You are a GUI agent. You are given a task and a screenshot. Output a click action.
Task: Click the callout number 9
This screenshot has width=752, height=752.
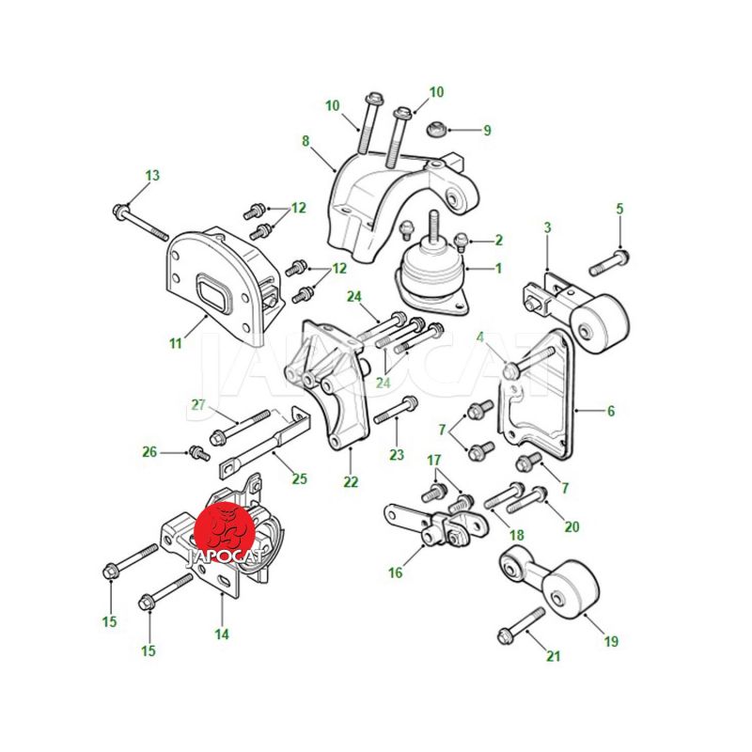tap(487, 130)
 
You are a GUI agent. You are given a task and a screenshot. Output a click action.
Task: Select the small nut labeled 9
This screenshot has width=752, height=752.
tap(437, 130)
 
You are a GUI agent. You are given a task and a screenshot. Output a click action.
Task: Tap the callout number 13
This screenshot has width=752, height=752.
tap(152, 176)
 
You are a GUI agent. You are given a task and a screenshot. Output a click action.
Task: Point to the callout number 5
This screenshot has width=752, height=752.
tap(620, 209)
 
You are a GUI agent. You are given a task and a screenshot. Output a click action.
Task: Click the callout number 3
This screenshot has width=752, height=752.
tap(548, 227)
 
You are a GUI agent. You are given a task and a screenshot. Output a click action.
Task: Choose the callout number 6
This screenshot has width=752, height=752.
tap(610, 411)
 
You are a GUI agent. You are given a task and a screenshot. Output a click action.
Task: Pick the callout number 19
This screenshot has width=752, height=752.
tap(611, 641)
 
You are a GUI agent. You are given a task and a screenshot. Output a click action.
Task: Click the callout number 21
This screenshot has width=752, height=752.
tap(554, 655)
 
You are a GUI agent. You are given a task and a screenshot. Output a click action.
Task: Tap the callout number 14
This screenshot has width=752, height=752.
tap(222, 634)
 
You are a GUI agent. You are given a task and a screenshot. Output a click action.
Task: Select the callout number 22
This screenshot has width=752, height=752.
tap(351, 481)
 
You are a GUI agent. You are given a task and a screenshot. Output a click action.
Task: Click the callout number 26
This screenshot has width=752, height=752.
tap(149, 452)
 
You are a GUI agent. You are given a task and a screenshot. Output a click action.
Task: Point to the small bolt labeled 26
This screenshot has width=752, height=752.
tap(198, 453)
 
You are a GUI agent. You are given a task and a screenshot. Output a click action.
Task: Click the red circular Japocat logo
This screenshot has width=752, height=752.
tap(224, 532)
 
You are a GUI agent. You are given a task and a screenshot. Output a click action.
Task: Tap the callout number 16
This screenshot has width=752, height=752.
tap(395, 572)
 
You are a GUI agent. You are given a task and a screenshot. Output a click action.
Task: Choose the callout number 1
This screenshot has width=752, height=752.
tap(498, 268)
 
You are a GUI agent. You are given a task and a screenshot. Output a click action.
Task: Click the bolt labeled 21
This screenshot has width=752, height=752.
tap(522, 625)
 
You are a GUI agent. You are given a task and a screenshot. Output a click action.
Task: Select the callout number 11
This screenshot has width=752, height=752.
tap(176, 343)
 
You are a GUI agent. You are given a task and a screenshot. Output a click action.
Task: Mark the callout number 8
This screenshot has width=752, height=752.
tap(305, 142)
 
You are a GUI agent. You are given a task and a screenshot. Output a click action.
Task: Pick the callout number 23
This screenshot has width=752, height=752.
tap(397, 454)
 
